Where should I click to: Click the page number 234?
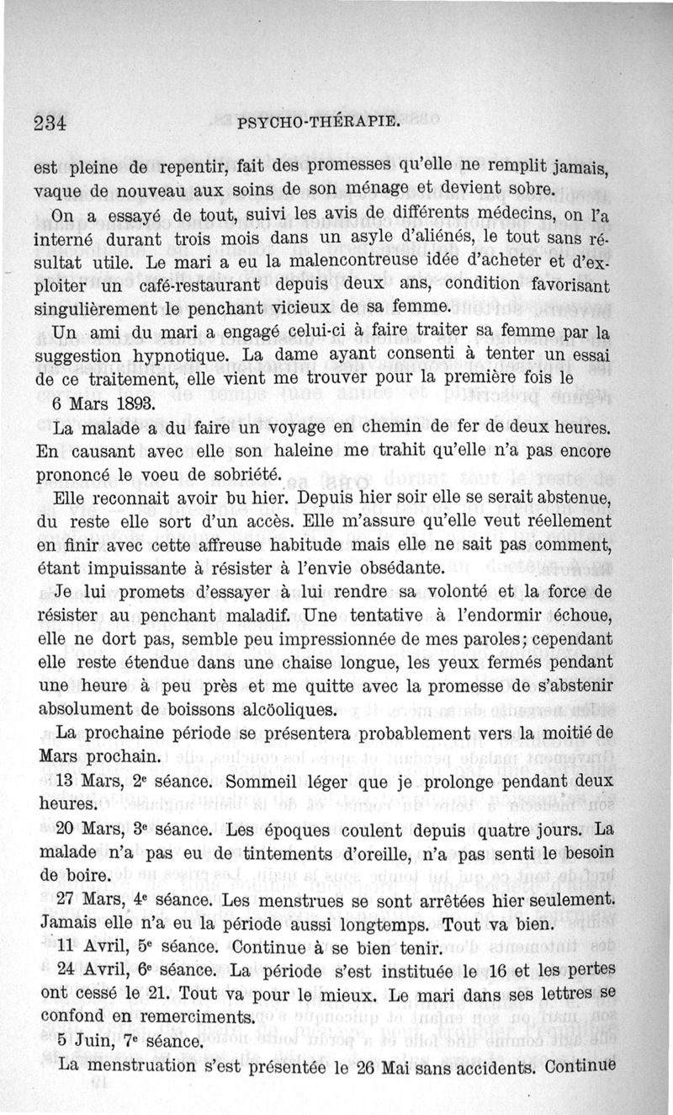point(50,122)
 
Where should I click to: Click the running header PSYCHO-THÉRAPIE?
point(317,123)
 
